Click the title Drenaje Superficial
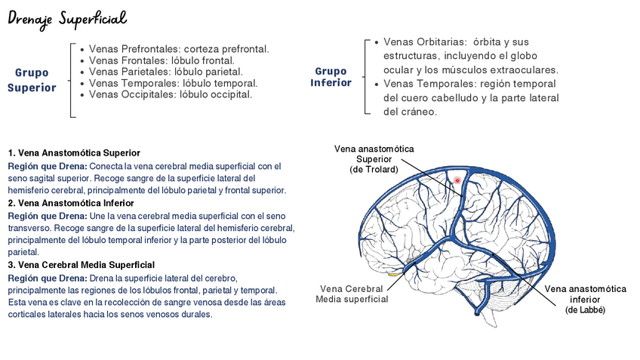[66, 17]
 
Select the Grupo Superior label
[32, 80]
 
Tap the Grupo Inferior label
[331, 76]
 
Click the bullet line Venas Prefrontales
[178, 49]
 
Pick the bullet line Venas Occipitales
[170, 94]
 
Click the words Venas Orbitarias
[419, 42]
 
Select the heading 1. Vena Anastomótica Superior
[74, 153]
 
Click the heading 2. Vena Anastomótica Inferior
[71, 203]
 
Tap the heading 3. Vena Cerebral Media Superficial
[81, 265]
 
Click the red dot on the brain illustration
[457, 181]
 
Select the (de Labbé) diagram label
[585, 310]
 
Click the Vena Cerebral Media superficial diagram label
[353, 294]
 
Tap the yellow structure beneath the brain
[393, 274]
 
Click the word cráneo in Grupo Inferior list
[420, 112]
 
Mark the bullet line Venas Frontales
[162, 60]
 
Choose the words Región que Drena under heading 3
[47, 278]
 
